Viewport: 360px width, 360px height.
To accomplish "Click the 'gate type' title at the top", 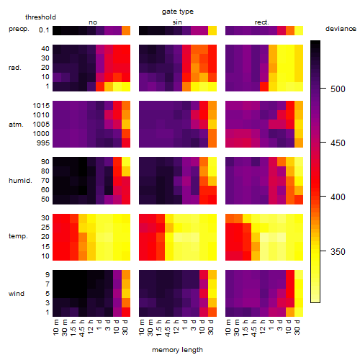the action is tap(178, 12).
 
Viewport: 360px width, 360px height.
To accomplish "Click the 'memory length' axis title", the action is tap(177, 350).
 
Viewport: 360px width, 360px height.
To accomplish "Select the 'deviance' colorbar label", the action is tap(341, 29).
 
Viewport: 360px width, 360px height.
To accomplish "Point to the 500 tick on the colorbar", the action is tap(323, 89).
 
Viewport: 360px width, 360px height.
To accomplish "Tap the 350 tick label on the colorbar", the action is tap(338, 251).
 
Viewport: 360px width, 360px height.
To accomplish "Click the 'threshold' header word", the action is tap(40, 17).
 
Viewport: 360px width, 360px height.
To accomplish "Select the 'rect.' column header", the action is tap(261, 22).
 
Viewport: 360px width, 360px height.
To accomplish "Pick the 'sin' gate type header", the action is tap(177, 22).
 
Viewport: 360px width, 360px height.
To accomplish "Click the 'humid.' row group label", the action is tap(20, 181).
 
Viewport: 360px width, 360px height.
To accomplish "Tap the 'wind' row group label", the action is tap(17, 294).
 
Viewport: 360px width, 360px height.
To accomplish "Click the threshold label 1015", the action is tap(41, 105).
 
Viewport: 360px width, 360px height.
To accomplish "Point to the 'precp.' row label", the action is tap(19, 29).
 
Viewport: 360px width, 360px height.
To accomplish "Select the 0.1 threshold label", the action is tap(44, 30).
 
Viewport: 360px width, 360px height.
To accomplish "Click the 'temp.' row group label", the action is tap(18, 236).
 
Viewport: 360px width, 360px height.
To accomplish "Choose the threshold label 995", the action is tap(43, 143).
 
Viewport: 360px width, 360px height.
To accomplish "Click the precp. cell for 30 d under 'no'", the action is tap(126, 30).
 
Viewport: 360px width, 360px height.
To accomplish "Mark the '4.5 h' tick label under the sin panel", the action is tap(168, 328).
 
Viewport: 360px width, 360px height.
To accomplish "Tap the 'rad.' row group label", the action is tap(15, 68).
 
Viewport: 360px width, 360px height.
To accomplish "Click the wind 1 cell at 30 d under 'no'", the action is tap(126, 312).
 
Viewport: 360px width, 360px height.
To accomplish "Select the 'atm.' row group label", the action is tap(16, 125).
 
